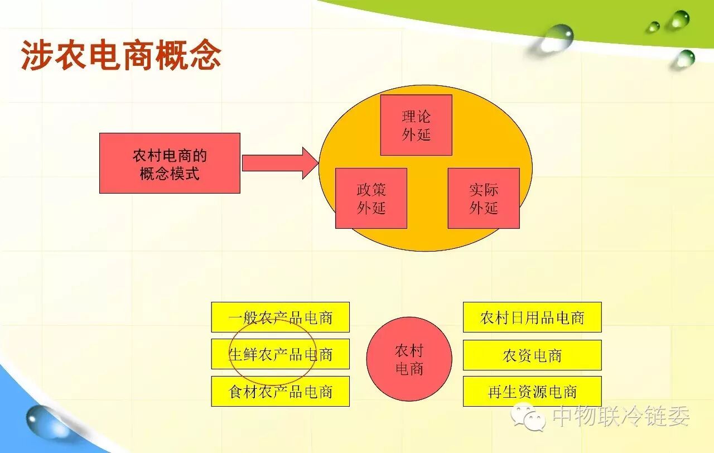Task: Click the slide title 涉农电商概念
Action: (x=121, y=56)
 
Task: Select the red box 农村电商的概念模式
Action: (x=170, y=163)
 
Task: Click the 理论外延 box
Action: (x=416, y=125)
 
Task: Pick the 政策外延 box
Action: (x=371, y=198)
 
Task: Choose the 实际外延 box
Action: (x=484, y=198)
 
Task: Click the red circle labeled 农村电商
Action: (x=409, y=359)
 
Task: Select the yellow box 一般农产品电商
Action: (x=280, y=317)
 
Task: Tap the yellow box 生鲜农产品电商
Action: (x=280, y=354)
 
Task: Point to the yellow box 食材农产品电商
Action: (x=280, y=391)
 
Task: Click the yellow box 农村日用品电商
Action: (x=532, y=317)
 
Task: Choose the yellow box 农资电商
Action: (x=532, y=355)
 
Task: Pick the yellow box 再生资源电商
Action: (x=532, y=391)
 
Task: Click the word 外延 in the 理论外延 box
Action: (x=416, y=134)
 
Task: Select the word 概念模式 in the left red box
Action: (x=170, y=174)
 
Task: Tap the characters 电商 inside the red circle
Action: (x=409, y=369)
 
